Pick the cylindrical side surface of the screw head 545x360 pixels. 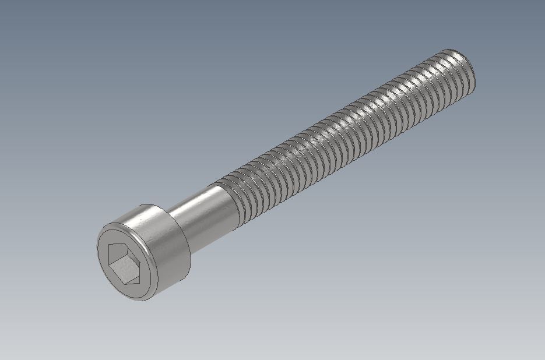[169, 245]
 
